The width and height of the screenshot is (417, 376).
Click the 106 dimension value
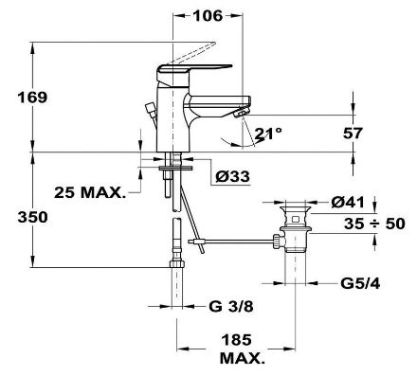point(208,15)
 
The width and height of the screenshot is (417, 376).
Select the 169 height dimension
point(32,98)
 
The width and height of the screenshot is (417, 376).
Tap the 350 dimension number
point(32,217)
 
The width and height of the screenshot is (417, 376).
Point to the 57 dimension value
point(353,134)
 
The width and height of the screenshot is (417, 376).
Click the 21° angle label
point(268,134)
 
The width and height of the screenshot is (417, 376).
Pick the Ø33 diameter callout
point(232,176)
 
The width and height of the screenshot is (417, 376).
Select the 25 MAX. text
point(90,192)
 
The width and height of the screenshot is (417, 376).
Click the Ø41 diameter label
point(348,202)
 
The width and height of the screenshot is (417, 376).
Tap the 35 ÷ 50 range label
point(374,224)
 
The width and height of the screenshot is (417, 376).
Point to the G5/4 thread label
point(360,283)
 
